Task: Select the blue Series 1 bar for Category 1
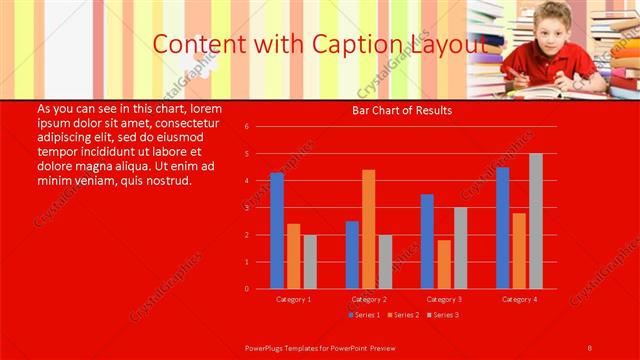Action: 277,231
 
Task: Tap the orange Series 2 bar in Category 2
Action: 369,229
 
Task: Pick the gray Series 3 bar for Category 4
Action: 536,221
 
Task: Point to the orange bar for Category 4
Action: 519,251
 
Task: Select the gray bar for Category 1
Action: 310,262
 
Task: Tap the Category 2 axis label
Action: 369,299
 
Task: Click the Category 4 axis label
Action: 519,299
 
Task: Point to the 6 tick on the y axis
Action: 260,127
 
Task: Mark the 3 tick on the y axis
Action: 260,208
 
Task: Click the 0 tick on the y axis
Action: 260,289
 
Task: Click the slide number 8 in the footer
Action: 590,347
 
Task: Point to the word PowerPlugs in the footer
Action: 271,347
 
